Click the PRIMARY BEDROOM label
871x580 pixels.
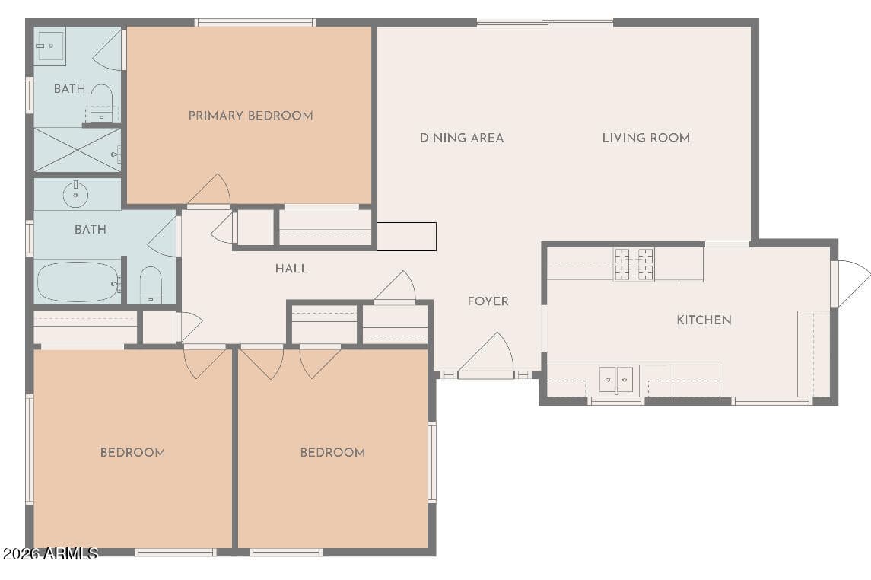click(x=250, y=116)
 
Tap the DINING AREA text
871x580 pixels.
click(x=462, y=138)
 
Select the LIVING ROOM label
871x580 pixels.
click(x=646, y=138)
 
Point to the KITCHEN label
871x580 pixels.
click(x=704, y=320)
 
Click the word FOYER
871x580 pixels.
click(x=488, y=301)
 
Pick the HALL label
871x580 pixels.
click(x=291, y=269)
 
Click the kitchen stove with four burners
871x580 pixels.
click(x=633, y=264)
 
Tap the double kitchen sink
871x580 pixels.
click(x=616, y=380)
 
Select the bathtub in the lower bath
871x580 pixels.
click(x=78, y=282)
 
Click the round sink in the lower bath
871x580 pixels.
click(x=75, y=194)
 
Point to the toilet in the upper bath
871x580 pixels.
click(x=101, y=103)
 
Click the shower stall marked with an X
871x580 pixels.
click(x=78, y=149)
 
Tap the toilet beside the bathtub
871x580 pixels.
click(x=151, y=285)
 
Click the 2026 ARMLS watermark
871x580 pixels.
click(x=50, y=553)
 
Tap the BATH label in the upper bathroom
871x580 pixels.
click(x=69, y=88)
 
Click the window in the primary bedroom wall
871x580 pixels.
click(x=256, y=23)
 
